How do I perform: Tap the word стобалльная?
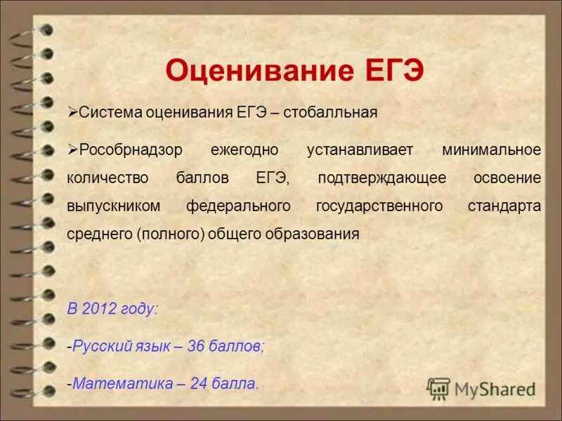(x=332, y=113)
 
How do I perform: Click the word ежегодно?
(x=243, y=150)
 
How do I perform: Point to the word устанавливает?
(x=360, y=150)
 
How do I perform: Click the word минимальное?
(x=492, y=150)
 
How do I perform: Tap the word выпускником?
(x=114, y=206)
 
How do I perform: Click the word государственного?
(x=379, y=206)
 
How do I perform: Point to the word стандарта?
(x=504, y=206)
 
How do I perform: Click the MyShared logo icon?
(x=439, y=388)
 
